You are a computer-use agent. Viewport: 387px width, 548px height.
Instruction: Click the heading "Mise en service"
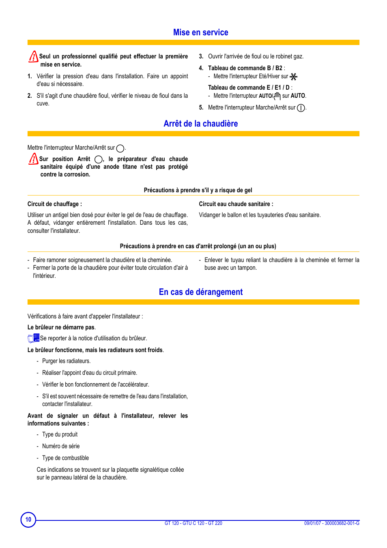tap(200, 32)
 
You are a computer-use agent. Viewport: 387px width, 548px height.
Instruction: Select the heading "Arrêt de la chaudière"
tap(200, 124)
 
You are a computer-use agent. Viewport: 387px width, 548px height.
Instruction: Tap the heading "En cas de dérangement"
tap(200, 292)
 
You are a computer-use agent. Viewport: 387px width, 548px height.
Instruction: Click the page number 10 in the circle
tap(28, 519)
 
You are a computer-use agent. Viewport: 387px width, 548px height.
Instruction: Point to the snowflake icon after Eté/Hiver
tap(294, 77)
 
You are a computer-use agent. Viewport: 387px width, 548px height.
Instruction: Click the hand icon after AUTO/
tap(277, 96)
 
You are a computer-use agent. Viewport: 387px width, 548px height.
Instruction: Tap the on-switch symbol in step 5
tap(301, 108)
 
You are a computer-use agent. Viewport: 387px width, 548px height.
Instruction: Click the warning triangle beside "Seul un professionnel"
tap(33, 56)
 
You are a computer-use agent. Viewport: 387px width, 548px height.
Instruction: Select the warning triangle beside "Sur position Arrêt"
tap(33, 159)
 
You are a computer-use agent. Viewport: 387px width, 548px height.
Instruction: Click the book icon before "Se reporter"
tap(33, 338)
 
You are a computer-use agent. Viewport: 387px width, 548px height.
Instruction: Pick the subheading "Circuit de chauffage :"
tap(55, 204)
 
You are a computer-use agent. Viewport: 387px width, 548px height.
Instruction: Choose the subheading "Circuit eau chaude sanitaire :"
tap(236, 204)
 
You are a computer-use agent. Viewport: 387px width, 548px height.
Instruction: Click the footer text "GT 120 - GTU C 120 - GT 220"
tap(193, 523)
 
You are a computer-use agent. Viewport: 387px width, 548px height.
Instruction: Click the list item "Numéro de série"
tap(61, 446)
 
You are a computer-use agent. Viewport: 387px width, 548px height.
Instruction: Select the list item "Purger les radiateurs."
tap(66, 361)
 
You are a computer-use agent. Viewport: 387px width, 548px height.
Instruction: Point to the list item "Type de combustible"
tap(65, 458)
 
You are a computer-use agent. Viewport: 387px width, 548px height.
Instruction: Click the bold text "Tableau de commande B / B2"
tap(245, 68)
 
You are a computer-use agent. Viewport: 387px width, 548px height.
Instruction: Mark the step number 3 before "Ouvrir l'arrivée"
tap(201, 56)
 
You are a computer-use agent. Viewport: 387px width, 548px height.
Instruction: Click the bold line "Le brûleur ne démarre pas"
tap(61, 327)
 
